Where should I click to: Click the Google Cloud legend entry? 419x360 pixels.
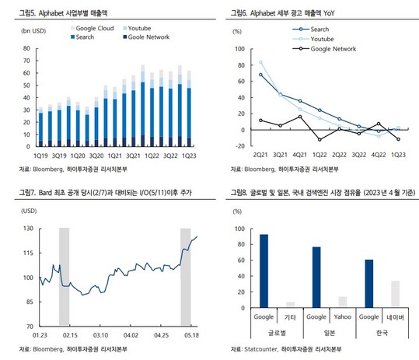tap(93, 28)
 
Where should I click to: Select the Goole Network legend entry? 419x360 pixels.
tap(146, 37)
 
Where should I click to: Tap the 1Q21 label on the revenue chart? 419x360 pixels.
tap(114, 156)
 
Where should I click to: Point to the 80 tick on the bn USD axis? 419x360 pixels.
tap(26, 48)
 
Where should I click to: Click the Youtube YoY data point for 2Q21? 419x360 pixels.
tap(260, 62)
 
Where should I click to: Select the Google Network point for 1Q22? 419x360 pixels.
tap(319, 139)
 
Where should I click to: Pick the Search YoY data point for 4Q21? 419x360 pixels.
tap(300, 101)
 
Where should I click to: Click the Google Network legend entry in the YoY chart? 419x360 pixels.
tap(324, 49)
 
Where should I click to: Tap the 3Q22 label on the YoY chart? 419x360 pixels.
tap(359, 155)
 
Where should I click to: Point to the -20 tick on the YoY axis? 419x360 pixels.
tap(239, 146)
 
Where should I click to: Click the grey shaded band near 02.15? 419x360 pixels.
tap(64, 276)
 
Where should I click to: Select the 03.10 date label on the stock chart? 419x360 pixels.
tap(100, 335)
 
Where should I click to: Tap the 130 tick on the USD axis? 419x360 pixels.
tap(28, 229)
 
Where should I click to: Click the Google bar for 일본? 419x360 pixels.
tap(316, 277)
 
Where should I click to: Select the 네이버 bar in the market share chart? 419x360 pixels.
tap(395, 293)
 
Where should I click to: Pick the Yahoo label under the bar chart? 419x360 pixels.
tap(343, 317)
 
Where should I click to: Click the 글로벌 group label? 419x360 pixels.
tap(277, 333)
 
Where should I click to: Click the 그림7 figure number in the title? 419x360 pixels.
tap(27, 192)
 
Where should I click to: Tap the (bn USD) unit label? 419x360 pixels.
tap(33, 31)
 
